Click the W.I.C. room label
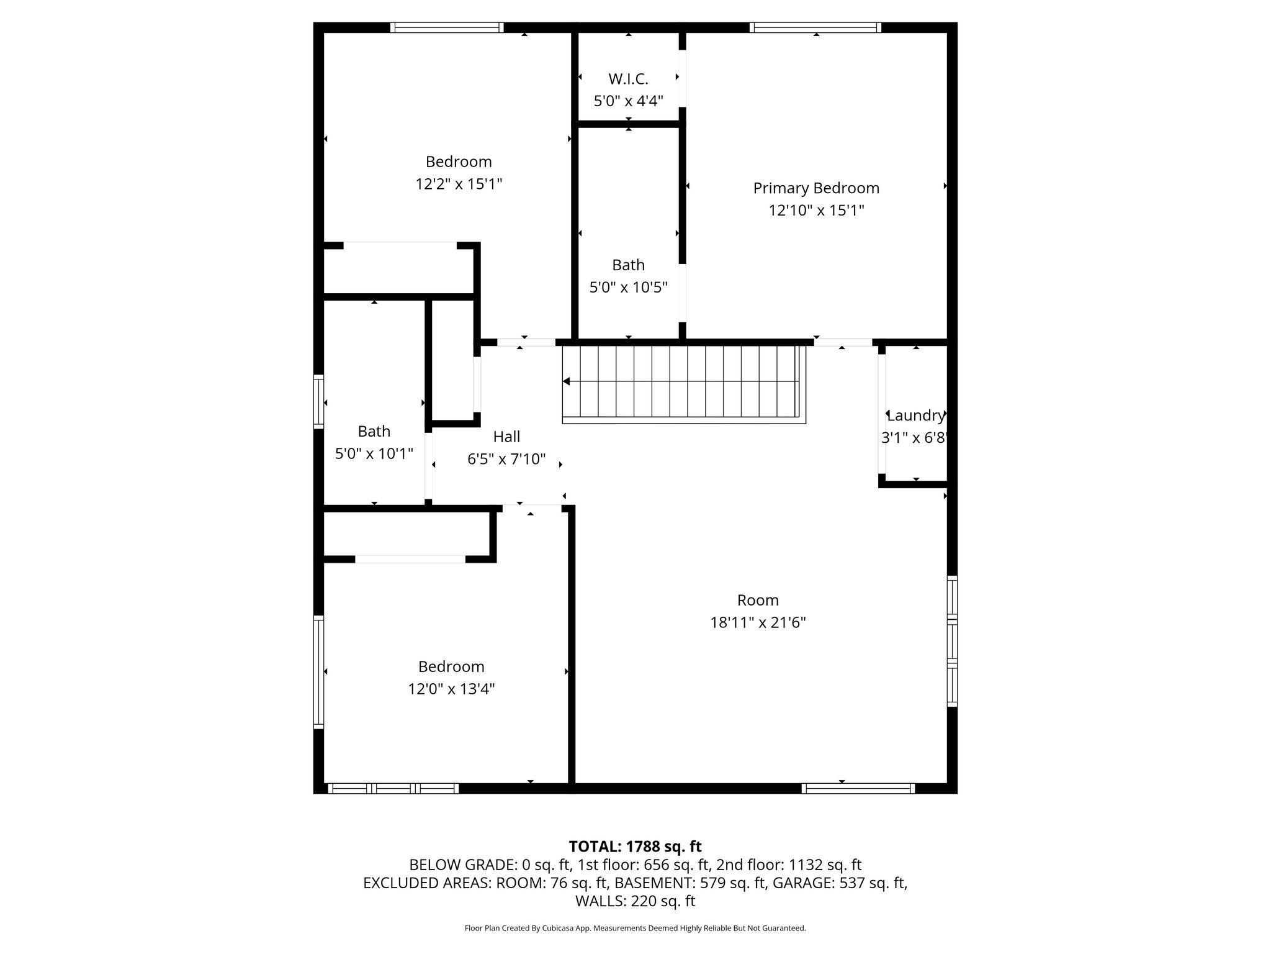(x=628, y=79)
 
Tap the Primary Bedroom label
(x=815, y=188)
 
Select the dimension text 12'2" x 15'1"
(x=459, y=184)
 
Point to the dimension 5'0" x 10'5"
(x=628, y=287)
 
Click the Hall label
(x=506, y=437)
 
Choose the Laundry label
(x=915, y=416)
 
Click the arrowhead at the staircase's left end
(x=566, y=381)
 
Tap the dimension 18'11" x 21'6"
(x=758, y=622)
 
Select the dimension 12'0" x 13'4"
(x=451, y=689)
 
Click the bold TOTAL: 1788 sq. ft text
(x=635, y=846)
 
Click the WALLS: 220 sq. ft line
(x=635, y=901)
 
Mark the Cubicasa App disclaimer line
(x=635, y=945)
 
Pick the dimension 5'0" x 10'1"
(x=374, y=453)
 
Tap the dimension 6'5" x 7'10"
(x=506, y=459)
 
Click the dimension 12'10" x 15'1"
(x=815, y=211)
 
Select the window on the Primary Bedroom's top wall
(x=815, y=27)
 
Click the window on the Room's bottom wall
(x=858, y=788)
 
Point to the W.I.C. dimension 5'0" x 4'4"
(x=628, y=101)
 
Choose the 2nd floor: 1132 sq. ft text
(x=789, y=865)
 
